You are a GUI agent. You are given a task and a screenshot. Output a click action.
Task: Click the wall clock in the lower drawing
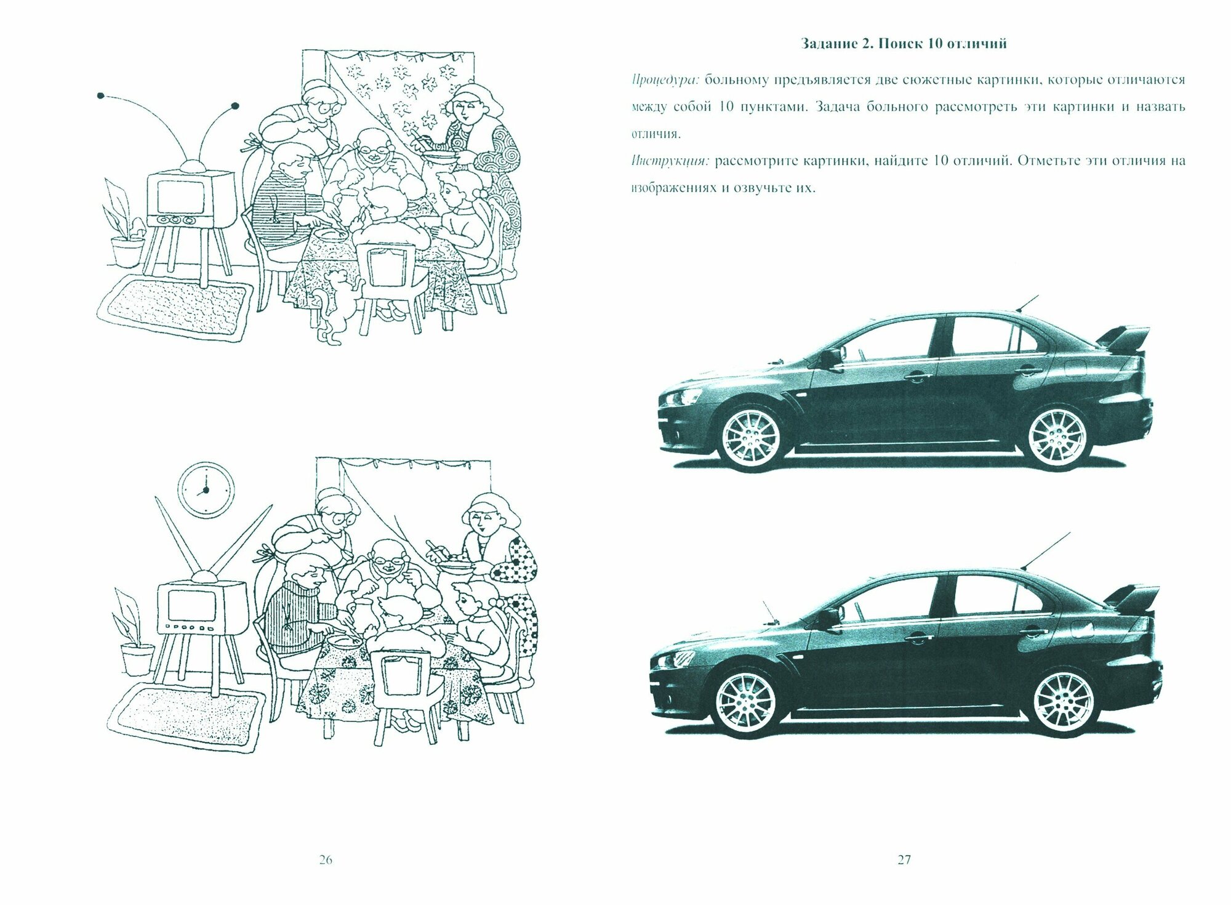(206, 489)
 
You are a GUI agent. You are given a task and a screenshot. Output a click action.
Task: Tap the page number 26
(326, 860)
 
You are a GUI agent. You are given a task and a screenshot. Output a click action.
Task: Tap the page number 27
(904, 860)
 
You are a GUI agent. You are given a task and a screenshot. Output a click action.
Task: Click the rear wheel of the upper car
(1057, 438)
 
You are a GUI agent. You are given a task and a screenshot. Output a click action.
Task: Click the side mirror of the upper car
(830, 356)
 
